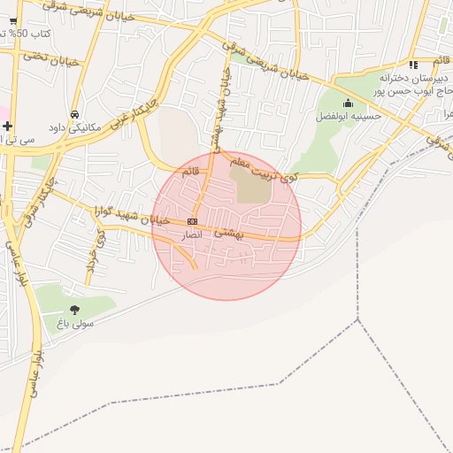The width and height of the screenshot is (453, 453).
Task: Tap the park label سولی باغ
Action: point(76,325)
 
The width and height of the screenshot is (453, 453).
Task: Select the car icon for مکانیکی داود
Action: point(75,115)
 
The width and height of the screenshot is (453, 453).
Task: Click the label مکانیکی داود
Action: point(75,128)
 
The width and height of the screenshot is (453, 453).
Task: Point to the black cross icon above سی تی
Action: point(7,126)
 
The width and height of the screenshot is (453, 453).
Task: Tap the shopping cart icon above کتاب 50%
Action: point(12,20)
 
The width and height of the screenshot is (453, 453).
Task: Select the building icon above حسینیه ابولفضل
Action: point(348,103)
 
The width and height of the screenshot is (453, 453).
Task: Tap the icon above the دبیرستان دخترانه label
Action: point(413,64)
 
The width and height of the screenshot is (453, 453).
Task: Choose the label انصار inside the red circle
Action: point(191,235)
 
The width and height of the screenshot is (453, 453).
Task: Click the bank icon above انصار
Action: point(192,221)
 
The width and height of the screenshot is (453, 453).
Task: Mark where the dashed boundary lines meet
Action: point(358,319)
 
